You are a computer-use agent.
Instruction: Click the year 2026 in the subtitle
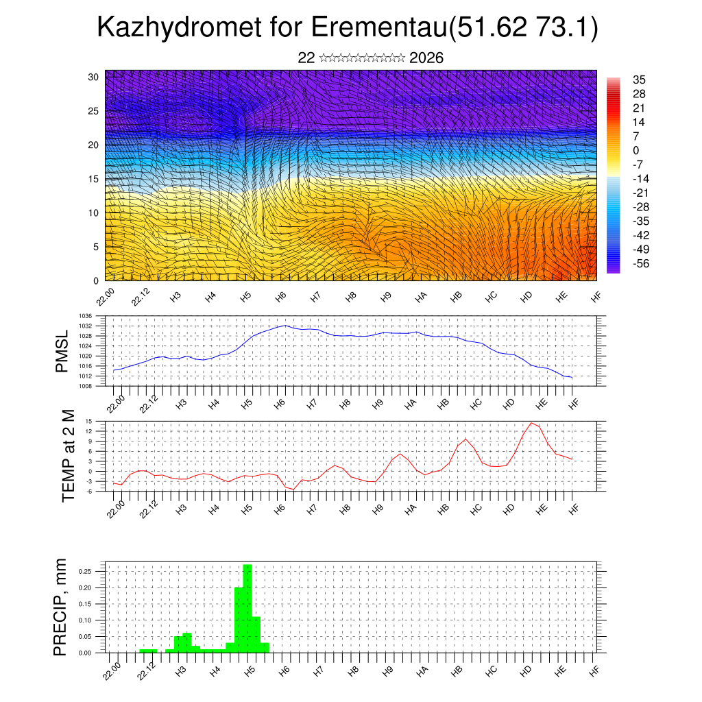pyautogui.click(x=426, y=58)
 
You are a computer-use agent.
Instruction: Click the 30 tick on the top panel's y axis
pyautogui.click(x=93, y=77)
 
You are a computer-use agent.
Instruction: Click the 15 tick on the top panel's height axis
pyautogui.click(x=93, y=179)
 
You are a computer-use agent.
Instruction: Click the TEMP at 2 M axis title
pyautogui.click(x=68, y=456)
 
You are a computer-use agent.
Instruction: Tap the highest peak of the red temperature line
pyautogui.click(x=531, y=423)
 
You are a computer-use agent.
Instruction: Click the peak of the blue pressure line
pyautogui.click(x=285, y=326)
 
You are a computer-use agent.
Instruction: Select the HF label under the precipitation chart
pyautogui.click(x=594, y=670)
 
